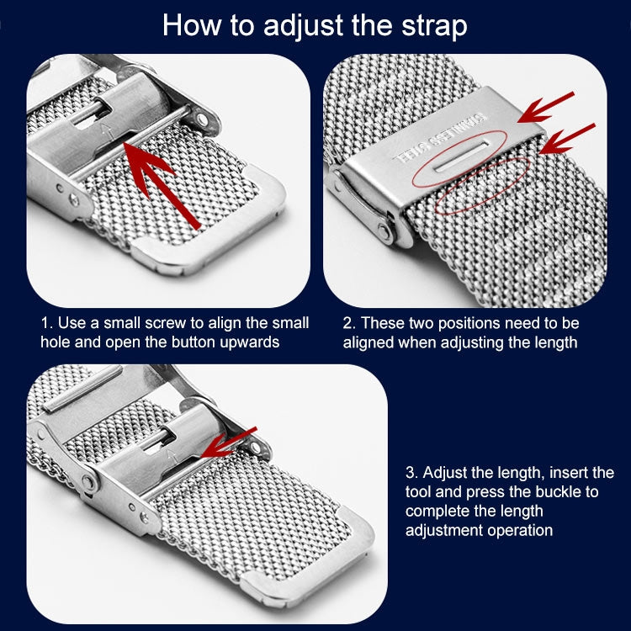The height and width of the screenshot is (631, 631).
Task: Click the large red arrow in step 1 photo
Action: pyautogui.click(x=162, y=185)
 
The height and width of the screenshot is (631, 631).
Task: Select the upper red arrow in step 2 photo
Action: pyautogui.click(x=546, y=108)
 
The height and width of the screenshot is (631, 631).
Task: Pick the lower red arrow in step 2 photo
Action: pyautogui.click(x=567, y=139)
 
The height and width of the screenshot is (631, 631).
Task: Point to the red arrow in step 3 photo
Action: pyautogui.click(x=228, y=443)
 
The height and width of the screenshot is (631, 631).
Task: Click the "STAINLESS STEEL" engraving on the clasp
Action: pyautogui.click(x=439, y=139)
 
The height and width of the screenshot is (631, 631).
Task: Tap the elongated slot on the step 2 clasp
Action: pyautogui.click(x=462, y=156)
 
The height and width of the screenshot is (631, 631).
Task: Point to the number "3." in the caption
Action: pyautogui.click(x=411, y=473)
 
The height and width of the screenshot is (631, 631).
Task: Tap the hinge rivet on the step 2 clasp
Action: pyautogui.click(x=384, y=231)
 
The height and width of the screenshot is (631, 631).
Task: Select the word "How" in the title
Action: pyautogui.click(x=192, y=25)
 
